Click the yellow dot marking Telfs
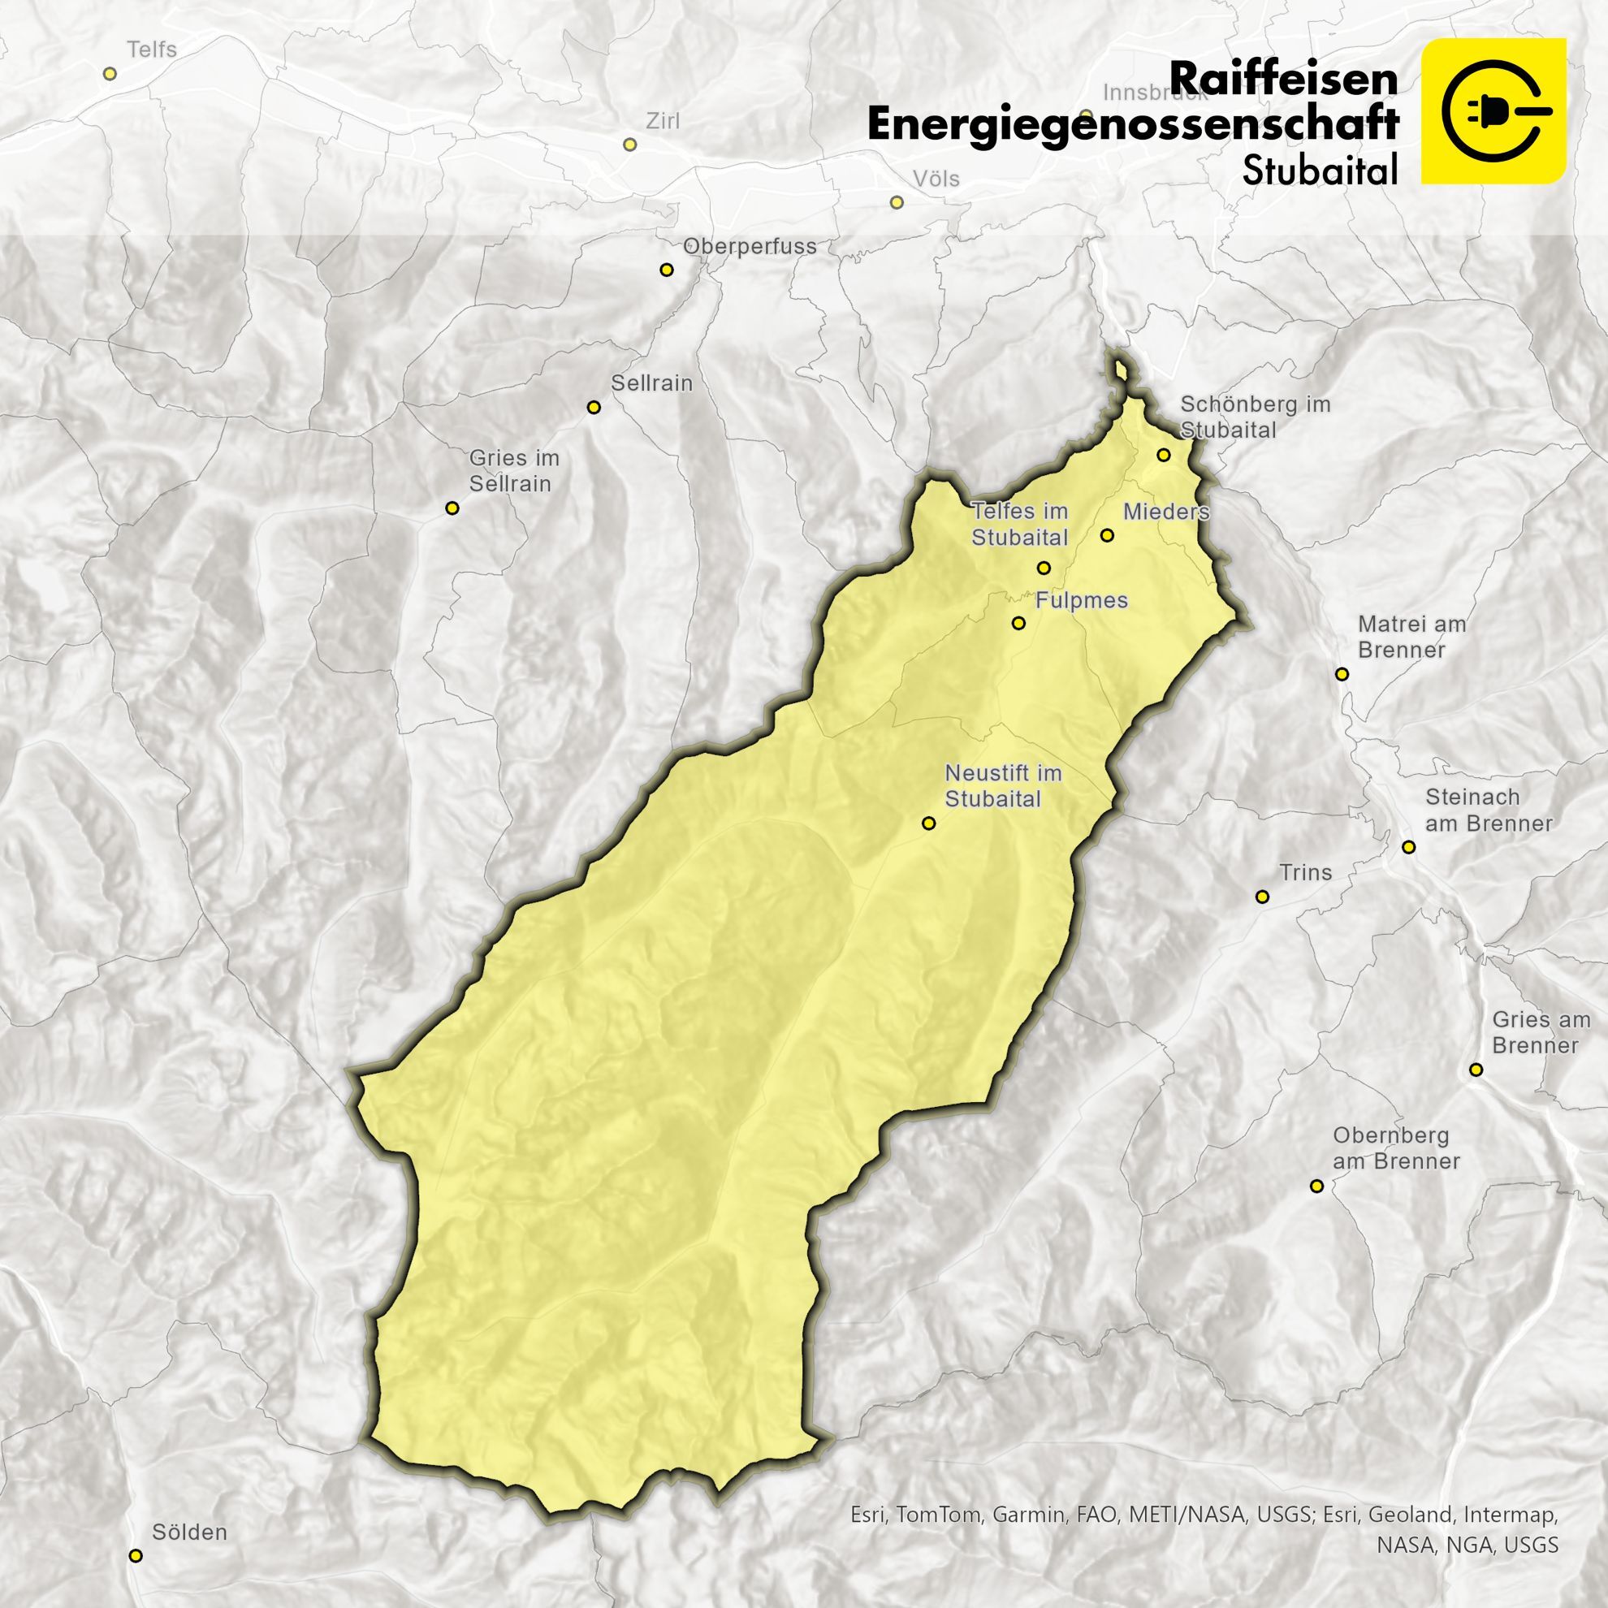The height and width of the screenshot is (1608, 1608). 109,74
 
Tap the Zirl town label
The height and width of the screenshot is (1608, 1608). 663,122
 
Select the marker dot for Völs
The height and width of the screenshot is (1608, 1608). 897,202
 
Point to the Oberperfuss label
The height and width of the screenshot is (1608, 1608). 750,247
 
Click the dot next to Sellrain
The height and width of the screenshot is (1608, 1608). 594,407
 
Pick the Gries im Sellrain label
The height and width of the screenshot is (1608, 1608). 513,471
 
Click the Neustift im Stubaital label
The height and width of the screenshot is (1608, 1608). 1003,786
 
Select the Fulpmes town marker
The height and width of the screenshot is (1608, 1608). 1018,623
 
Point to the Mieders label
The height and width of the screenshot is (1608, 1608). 1165,512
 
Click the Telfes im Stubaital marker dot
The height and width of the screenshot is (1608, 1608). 1044,568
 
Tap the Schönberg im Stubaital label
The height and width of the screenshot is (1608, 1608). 1255,417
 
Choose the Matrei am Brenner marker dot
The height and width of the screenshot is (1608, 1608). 1342,674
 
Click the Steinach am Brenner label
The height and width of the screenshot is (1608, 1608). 1488,810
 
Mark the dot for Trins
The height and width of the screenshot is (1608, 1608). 1263,897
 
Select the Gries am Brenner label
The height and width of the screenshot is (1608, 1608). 1541,1032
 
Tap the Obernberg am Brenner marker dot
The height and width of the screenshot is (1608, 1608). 1316,1186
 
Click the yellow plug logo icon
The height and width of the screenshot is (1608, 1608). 1493,110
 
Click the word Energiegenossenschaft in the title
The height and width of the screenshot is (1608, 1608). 1132,125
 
